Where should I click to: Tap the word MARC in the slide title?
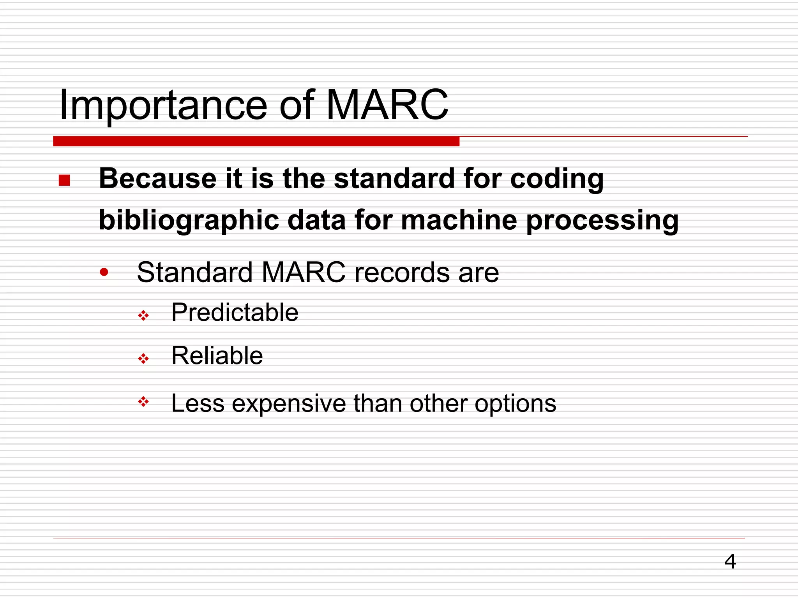pyautogui.click(x=387, y=104)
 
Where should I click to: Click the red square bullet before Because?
pyautogui.click(x=64, y=180)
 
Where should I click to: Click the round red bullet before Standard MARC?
pyautogui.click(x=104, y=272)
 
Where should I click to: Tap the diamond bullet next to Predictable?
pyautogui.click(x=143, y=315)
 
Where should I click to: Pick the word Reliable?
pyautogui.click(x=217, y=355)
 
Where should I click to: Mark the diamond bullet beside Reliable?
pyautogui.click(x=143, y=359)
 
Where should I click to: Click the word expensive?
pyautogui.click(x=289, y=404)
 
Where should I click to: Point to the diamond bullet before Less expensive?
pyautogui.click(x=143, y=402)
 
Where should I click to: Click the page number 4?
pyautogui.click(x=730, y=561)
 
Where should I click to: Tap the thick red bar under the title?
pyautogui.click(x=256, y=141)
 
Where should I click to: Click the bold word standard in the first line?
pyautogui.click(x=394, y=179)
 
